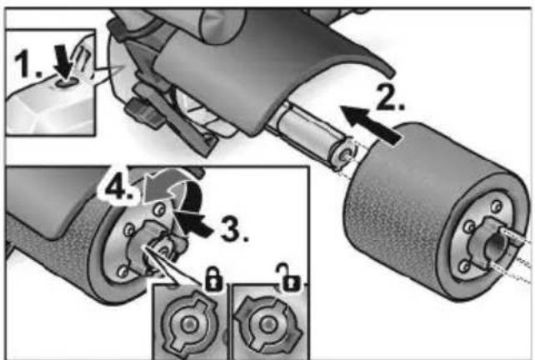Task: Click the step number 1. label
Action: pyautogui.click(x=28, y=63)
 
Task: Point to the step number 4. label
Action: pyautogui.click(x=118, y=187)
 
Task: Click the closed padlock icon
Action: pyautogui.click(x=213, y=279)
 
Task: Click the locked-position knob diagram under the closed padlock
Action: pyautogui.click(x=189, y=322)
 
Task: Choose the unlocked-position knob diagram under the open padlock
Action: pyautogui.click(x=268, y=323)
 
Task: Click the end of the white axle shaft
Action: pyautogui.click(x=345, y=153)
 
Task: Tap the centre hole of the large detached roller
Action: pyautogui.click(x=496, y=243)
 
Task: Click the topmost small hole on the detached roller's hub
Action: pyautogui.click(x=497, y=207)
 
